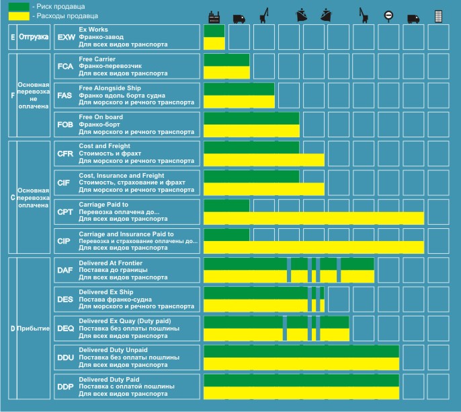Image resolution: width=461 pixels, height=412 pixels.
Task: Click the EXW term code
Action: click(66, 37)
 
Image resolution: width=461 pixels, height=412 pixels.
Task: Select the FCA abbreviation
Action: click(65, 66)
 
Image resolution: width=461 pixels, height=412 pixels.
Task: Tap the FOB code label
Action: click(65, 125)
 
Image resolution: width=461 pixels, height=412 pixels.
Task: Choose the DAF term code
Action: click(65, 270)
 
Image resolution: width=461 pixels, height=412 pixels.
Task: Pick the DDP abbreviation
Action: click(66, 386)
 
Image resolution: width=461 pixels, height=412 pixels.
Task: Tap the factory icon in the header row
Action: click(215, 16)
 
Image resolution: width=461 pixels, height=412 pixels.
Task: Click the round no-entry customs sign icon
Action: click(388, 16)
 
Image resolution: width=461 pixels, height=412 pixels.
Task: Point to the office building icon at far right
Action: click(438, 16)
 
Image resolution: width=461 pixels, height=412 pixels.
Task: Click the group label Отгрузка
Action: click(34, 37)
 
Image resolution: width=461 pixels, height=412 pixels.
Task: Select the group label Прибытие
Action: click(34, 328)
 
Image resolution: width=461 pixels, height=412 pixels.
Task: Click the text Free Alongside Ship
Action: click(110, 88)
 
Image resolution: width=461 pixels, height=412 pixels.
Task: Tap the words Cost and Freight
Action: click(103, 146)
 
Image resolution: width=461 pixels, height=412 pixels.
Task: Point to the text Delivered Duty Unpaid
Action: click(112, 350)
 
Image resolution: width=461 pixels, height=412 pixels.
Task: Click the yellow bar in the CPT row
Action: click(314, 218)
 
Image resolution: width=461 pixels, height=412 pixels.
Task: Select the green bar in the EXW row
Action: click(214, 31)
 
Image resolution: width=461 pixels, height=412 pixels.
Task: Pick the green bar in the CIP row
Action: click(226, 234)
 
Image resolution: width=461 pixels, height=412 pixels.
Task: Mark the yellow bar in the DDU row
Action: click(301, 364)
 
